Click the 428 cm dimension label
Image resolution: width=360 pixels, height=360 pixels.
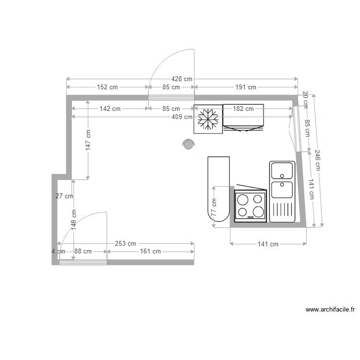tap(181, 79)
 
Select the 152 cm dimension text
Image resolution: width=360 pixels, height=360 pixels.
tap(107, 87)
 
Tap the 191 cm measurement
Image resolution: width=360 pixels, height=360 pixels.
tap(245, 87)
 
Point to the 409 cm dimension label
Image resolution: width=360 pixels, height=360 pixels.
tap(181, 116)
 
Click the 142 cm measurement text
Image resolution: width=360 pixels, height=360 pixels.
tap(110, 109)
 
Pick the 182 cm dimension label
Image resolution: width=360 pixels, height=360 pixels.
tap(243, 109)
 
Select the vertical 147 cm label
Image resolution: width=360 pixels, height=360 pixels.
tap(88, 140)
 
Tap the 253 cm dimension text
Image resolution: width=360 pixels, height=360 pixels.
tap(125, 244)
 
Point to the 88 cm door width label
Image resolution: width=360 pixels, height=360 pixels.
tap(83, 251)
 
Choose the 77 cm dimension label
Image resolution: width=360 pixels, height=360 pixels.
tap(214, 206)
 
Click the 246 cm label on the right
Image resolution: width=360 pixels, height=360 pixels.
tap(317, 160)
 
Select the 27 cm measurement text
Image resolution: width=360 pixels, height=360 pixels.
tap(64, 196)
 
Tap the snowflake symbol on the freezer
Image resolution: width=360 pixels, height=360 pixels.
tap(208, 120)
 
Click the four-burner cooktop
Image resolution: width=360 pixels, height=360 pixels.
tap(251, 206)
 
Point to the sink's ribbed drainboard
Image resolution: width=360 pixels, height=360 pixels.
tap(282, 209)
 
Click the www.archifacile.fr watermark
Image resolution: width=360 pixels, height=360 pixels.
tap(330, 310)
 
